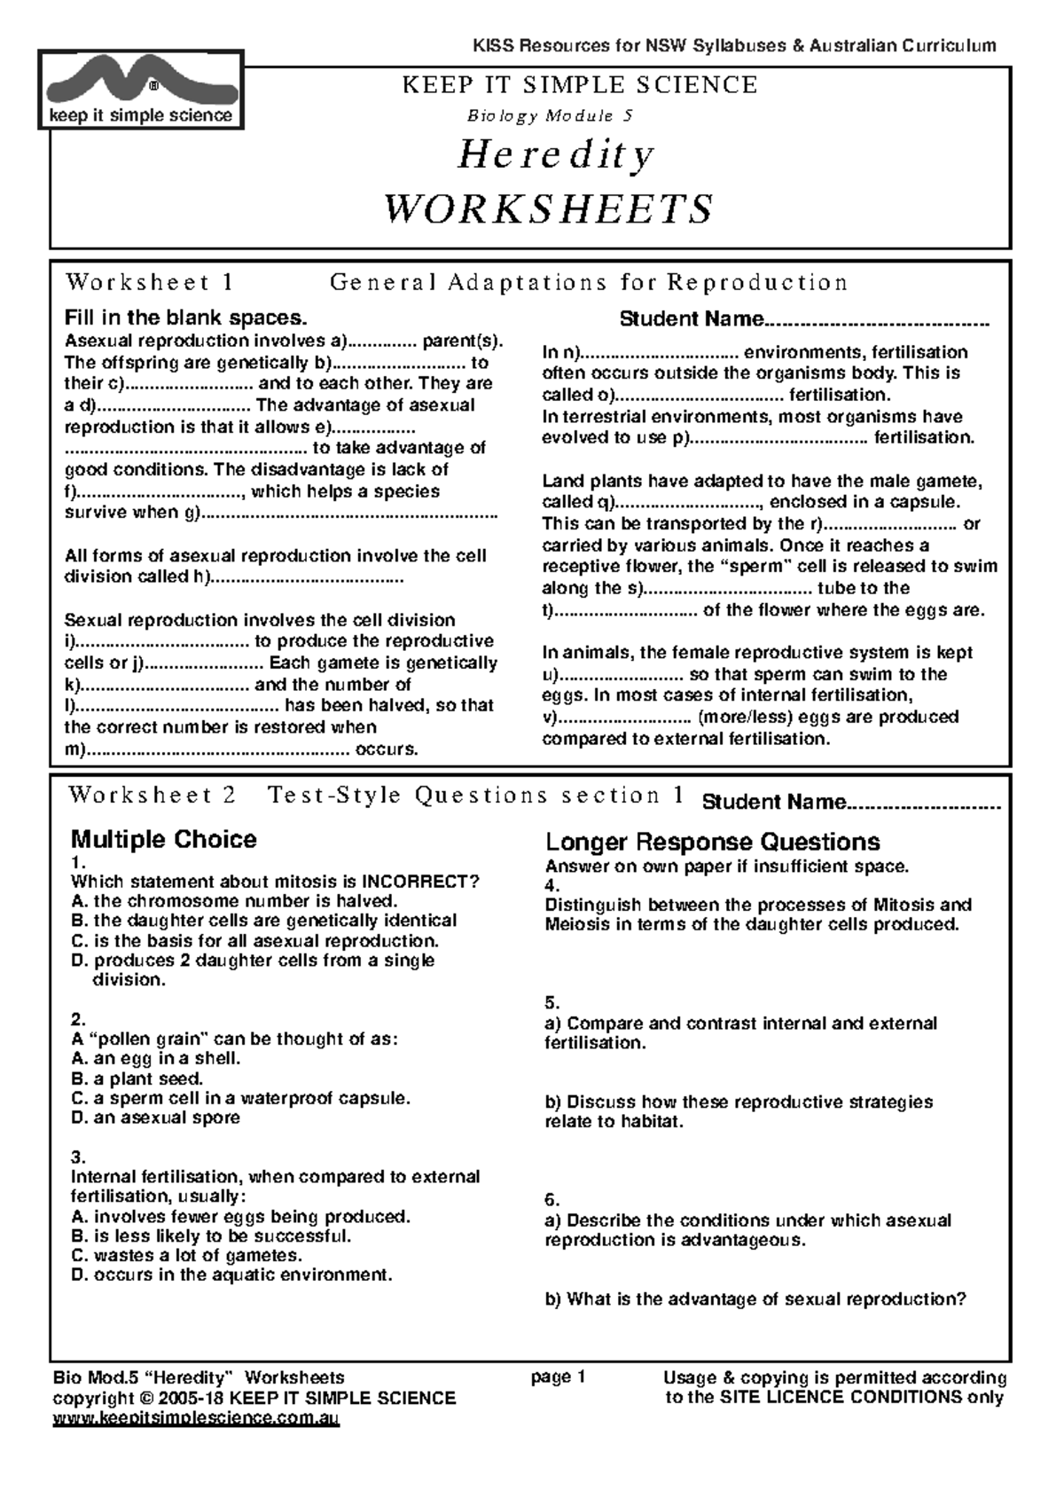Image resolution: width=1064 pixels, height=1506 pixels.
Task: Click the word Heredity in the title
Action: [x=556, y=155]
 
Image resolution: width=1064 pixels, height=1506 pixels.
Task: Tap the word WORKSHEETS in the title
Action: [x=548, y=209]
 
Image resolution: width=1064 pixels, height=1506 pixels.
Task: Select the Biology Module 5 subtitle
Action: [x=549, y=115]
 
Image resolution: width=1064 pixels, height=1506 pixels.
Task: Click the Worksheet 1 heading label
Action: [x=149, y=282]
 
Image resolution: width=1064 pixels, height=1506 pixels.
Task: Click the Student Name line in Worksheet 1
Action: [x=803, y=319]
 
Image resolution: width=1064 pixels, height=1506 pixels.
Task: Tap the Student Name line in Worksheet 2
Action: [x=850, y=803]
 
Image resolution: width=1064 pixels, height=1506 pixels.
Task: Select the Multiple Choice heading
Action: [x=163, y=839]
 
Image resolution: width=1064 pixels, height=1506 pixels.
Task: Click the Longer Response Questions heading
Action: [x=712, y=842]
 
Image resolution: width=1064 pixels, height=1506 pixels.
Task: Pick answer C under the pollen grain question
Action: [x=240, y=1098]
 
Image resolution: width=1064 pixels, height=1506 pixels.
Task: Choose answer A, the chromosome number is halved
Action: [x=234, y=901]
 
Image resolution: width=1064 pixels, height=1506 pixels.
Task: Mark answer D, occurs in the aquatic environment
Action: [x=231, y=1275]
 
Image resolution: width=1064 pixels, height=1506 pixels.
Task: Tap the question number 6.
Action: [x=552, y=1200]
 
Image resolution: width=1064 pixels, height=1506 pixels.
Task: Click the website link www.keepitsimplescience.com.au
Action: [x=196, y=1418]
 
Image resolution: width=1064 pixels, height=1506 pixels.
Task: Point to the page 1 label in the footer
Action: [x=558, y=1377]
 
